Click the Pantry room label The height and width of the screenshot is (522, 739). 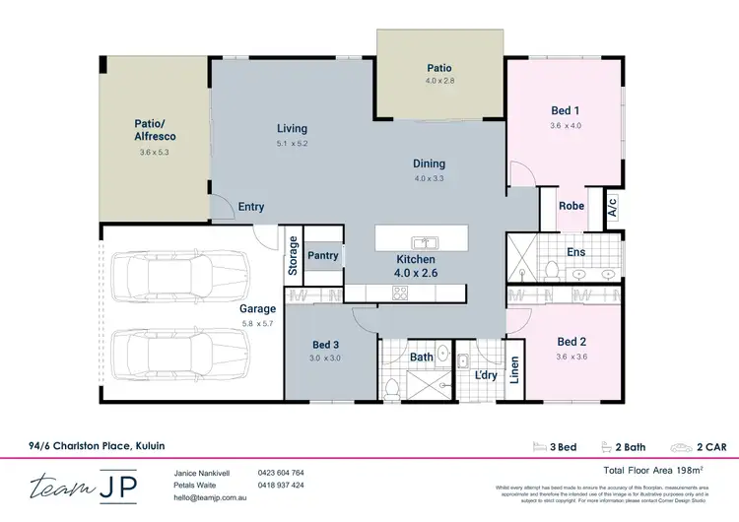pos(322,256)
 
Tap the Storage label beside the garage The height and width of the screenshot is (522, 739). pos(293,255)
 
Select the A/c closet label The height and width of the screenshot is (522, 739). pos(612,207)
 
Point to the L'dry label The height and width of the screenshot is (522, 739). pos(485,376)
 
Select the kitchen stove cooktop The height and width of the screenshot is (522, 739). pos(401,292)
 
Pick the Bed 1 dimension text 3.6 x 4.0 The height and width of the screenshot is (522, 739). pos(566,125)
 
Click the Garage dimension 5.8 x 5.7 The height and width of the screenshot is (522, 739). pos(258,322)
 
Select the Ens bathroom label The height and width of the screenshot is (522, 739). pos(576,252)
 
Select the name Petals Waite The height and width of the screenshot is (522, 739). pos(196,486)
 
